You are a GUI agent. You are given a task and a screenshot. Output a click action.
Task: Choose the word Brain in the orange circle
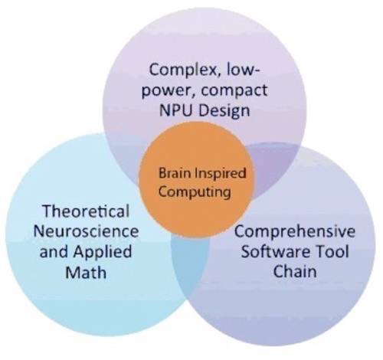point(175,173)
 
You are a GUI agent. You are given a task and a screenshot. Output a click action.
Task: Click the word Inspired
point(220,174)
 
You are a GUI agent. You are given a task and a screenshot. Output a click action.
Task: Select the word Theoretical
point(86,211)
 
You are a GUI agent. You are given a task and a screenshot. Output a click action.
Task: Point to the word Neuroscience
point(86,231)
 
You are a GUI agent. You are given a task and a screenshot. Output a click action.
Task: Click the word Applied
point(103,253)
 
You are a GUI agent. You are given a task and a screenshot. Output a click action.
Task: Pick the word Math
point(86,272)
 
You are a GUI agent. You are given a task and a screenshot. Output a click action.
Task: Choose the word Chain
point(295,271)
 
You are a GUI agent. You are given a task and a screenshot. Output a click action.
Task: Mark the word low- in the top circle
point(243,70)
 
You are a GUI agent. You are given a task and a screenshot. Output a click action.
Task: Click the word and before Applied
point(54,251)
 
